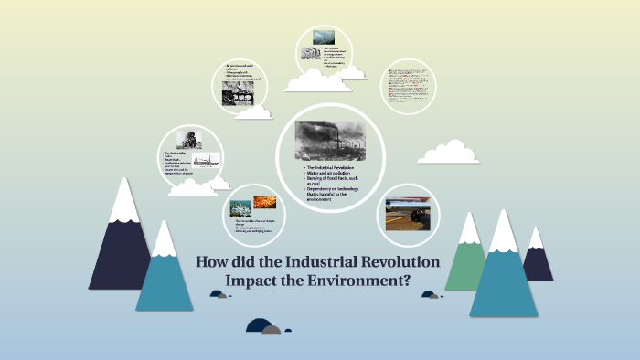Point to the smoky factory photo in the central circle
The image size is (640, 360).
click(330, 141)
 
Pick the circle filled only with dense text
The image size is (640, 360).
click(407, 94)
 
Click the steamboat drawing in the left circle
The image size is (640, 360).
click(206, 160)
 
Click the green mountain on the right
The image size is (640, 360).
click(466, 256)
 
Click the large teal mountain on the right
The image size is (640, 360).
click(503, 274)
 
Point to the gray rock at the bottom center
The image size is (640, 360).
click(272, 329)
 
